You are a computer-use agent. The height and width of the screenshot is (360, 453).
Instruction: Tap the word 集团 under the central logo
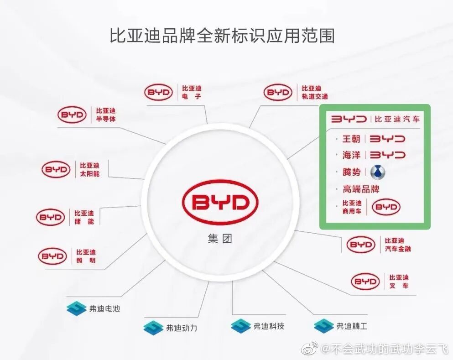pos(220,239)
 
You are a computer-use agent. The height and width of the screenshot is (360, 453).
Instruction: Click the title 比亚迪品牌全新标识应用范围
pos(222,35)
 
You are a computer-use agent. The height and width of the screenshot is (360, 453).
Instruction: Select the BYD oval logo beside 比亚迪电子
pos(159,93)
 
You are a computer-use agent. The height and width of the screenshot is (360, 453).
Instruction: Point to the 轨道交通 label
pos(314,96)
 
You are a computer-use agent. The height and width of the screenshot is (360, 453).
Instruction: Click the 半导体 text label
pos(106,119)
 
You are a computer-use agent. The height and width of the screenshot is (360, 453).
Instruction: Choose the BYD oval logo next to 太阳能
pos(56,169)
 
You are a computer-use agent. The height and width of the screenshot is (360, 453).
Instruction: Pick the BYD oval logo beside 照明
pos(52,256)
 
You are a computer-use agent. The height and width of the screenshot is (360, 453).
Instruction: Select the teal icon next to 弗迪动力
pos(153,328)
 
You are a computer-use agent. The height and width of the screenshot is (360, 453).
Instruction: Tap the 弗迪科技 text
pos(269,326)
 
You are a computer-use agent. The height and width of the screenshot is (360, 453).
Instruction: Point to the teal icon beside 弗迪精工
pos(323,326)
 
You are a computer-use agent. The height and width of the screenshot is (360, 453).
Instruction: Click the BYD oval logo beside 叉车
pos(365,282)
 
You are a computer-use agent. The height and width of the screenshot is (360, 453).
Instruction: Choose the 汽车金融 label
pos(398,249)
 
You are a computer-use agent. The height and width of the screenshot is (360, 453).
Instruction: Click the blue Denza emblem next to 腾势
pos(378,172)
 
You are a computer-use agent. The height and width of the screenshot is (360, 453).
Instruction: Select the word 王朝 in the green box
pos(351,139)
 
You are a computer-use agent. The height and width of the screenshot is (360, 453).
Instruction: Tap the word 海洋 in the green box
pos(351,155)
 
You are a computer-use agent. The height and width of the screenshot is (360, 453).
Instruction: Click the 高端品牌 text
pos(361,189)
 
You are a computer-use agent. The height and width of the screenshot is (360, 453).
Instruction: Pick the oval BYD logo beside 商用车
pos(386,207)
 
